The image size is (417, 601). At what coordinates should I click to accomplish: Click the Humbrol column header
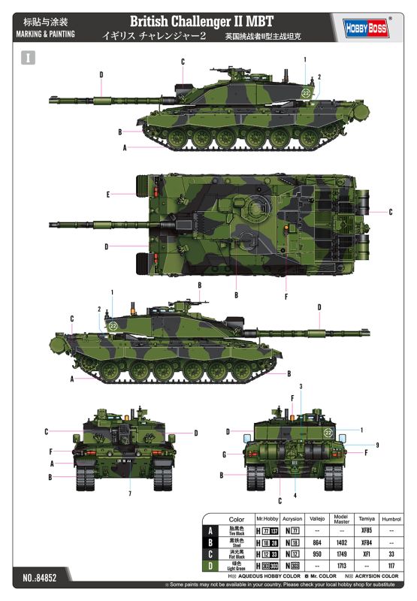point(390,519)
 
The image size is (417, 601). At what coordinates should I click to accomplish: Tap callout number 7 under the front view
point(129,494)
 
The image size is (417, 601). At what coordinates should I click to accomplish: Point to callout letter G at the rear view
point(224,455)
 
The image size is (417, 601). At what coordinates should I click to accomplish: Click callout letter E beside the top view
point(108,195)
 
